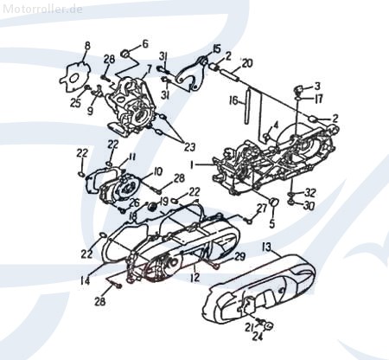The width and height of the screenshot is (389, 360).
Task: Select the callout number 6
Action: pyautogui.click(x=144, y=43)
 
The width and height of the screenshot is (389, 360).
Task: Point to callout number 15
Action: pyautogui.click(x=217, y=48)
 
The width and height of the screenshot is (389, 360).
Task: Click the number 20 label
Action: pyautogui.click(x=247, y=63)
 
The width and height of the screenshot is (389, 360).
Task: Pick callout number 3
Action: pyautogui.click(x=318, y=86)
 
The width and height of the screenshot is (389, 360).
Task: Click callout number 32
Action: pyautogui.click(x=311, y=192)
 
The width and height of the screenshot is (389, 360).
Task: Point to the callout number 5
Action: pyautogui.click(x=272, y=223)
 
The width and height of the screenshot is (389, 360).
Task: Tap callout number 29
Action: pyautogui.click(x=240, y=257)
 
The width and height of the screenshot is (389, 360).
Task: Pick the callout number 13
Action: pyautogui.click(x=268, y=247)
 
